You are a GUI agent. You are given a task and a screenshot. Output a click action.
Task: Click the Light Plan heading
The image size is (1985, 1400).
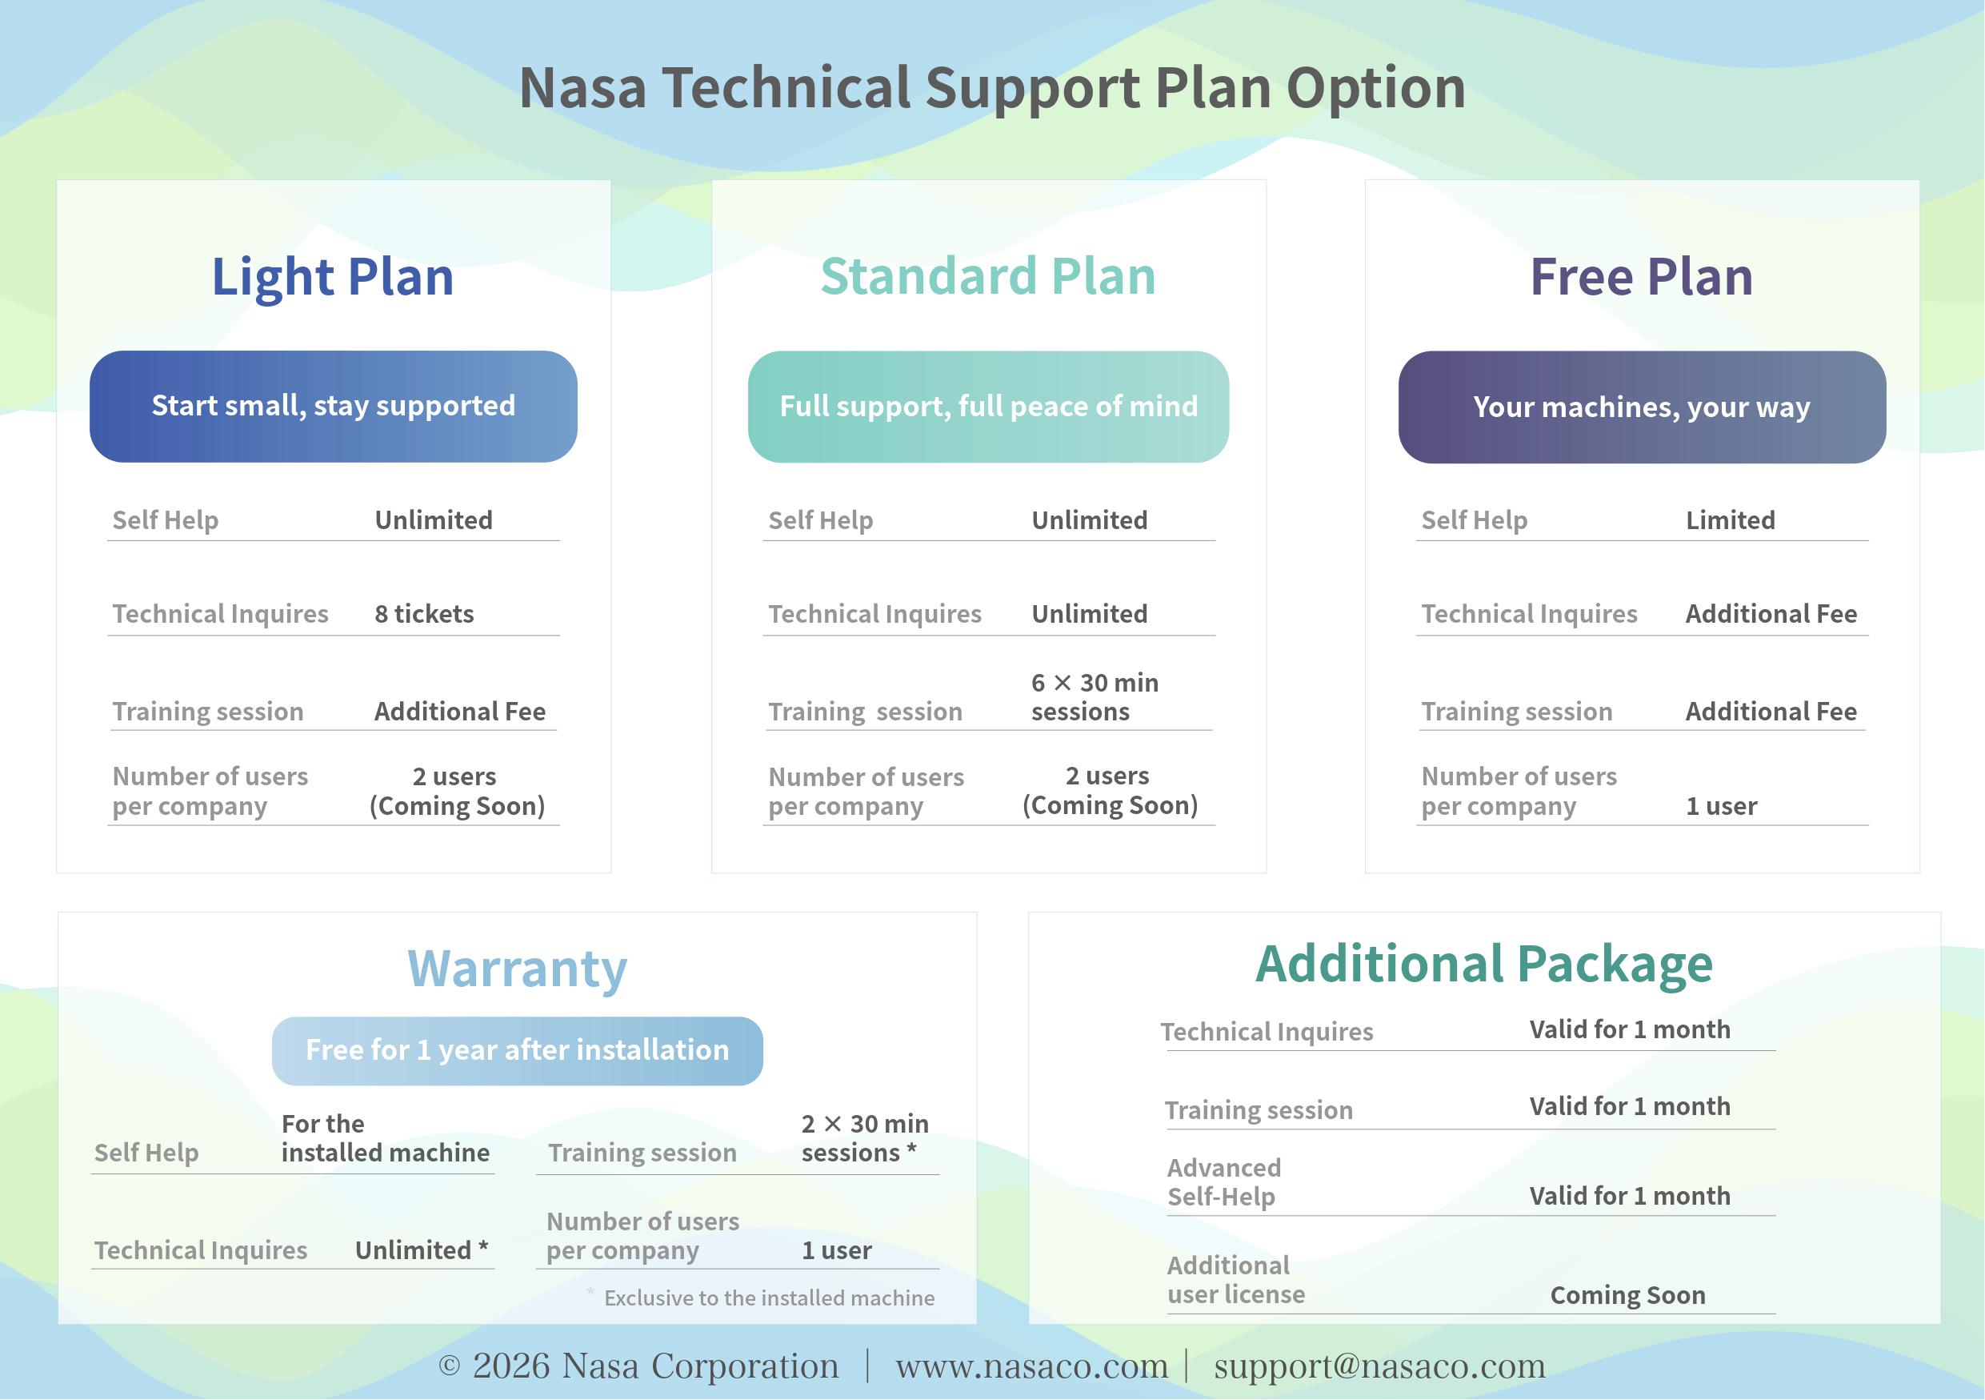(333, 277)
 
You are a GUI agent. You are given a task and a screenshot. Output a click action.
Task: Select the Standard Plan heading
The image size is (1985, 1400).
(988, 277)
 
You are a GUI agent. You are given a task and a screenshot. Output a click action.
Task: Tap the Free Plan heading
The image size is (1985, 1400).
(1641, 277)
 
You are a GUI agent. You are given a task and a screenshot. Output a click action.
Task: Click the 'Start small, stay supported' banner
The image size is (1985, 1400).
(333, 407)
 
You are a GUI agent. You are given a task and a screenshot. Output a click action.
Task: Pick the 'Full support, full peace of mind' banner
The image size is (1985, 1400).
(988, 407)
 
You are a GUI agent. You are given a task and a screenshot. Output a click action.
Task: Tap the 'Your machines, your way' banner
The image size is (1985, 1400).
(1641, 407)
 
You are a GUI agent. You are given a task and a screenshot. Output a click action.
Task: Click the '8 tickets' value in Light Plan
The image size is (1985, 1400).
(423, 614)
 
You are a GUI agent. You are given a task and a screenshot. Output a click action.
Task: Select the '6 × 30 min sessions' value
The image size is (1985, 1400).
(1094, 697)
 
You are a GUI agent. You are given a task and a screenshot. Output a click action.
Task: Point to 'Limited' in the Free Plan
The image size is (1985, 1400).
(1730, 520)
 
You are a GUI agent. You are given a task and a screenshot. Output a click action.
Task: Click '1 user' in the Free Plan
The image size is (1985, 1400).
(1721, 806)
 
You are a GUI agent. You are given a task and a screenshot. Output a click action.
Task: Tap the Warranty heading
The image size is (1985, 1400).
(517, 969)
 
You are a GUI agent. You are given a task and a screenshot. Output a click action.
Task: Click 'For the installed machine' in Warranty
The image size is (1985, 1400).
(385, 1138)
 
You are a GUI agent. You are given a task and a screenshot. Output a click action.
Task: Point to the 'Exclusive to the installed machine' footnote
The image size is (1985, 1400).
(769, 1298)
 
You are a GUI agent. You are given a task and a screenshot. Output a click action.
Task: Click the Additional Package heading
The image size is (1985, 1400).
(1483, 965)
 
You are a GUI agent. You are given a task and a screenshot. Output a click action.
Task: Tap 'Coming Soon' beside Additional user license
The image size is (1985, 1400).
(1627, 1295)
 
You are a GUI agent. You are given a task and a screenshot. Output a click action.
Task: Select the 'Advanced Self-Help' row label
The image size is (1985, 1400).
(1223, 1182)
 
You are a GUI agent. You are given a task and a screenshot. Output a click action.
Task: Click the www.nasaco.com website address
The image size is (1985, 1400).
(1031, 1366)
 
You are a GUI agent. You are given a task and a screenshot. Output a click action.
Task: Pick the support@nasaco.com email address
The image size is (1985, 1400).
(1379, 1366)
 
